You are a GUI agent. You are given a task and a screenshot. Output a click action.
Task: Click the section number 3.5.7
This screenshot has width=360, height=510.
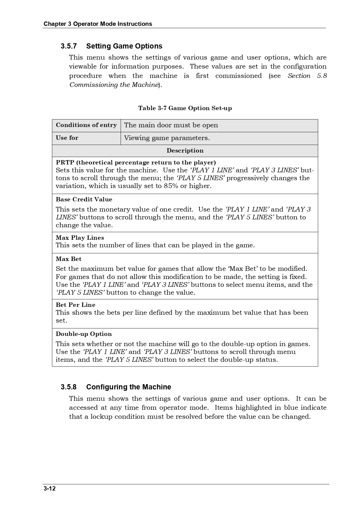coord(69,46)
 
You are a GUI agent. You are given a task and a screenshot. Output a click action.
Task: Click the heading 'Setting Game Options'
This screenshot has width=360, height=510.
coord(124,46)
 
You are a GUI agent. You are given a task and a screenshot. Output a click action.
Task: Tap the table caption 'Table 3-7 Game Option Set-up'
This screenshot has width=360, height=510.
coord(185,108)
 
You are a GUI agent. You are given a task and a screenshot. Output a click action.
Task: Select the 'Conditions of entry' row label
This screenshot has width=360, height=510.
coord(86,125)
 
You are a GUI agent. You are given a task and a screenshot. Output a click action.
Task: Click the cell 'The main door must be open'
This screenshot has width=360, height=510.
coord(171,125)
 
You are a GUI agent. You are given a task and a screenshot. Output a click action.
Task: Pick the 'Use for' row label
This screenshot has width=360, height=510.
coord(67,138)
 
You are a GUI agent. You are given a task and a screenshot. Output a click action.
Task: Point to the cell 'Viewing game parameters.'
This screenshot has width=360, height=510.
coord(167,138)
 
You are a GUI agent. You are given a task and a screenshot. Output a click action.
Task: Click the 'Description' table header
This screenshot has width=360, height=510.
coord(185,151)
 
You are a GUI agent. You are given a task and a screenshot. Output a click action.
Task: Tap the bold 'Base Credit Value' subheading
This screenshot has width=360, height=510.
coord(84,200)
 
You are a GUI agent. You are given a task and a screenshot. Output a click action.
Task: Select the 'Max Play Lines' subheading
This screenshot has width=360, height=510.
coord(80,238)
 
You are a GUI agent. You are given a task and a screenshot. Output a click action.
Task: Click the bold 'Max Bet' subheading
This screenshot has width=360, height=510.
coord(69,259)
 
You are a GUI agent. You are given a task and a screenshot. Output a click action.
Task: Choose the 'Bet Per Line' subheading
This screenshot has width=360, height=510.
coord(75,305)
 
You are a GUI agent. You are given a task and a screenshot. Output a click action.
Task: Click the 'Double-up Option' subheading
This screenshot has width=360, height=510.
coord(84,334)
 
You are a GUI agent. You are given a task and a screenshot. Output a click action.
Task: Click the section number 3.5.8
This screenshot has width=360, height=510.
coord(69,387)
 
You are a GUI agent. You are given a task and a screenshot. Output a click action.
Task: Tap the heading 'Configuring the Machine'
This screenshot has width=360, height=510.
coord(129,387)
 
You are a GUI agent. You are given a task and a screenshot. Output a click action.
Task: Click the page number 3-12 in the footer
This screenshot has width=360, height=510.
coord(49,488)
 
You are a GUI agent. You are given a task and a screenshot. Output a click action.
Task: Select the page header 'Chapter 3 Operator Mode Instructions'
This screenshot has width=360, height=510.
coord(98,24)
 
